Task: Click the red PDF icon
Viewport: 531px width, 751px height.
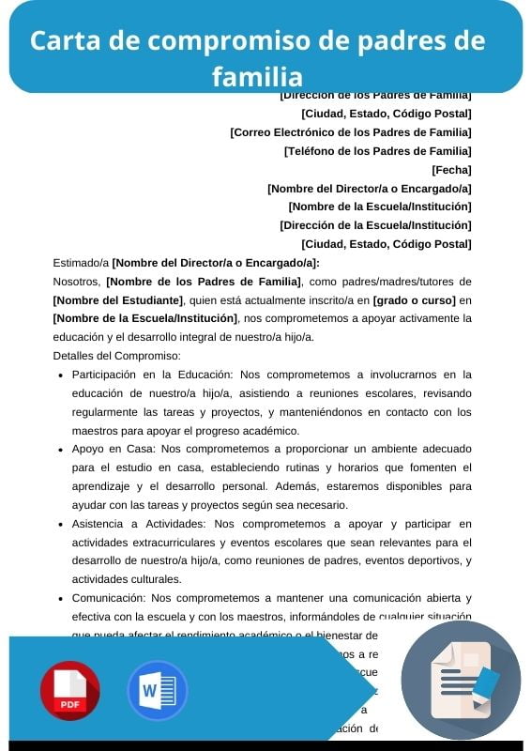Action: pos(69,690)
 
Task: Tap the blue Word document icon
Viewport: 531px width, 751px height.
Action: pos(157,690)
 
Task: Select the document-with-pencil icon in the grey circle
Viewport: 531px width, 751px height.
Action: pos(461,681)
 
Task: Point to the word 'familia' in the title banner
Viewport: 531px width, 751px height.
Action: pos(257,76)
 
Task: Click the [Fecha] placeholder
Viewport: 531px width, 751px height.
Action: pos(451,170)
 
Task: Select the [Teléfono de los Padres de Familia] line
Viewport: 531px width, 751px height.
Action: pos(377,151)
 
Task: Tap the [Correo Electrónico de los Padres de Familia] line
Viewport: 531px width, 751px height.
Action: pos(351,132)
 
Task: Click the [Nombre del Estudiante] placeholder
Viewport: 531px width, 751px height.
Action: pos(118,300)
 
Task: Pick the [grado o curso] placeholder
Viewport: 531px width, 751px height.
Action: pos(415,300)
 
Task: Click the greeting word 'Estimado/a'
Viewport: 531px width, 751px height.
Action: pos(81,263)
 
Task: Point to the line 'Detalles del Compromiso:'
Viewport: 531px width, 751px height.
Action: pos(116,356)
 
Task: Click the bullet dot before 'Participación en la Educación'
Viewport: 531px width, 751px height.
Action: pos(61,375)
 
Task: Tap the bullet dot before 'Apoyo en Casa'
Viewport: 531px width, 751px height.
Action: pos(61,450)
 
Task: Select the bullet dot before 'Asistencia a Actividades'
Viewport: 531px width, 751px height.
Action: pos(61,524)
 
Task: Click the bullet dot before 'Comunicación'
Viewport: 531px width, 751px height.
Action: pos(61,598)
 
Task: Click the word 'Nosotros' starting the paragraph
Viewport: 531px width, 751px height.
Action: pos(77,282)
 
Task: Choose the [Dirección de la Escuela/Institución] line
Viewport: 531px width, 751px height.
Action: pos(375,225)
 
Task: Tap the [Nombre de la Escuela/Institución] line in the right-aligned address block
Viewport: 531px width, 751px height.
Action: pos(380,207)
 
